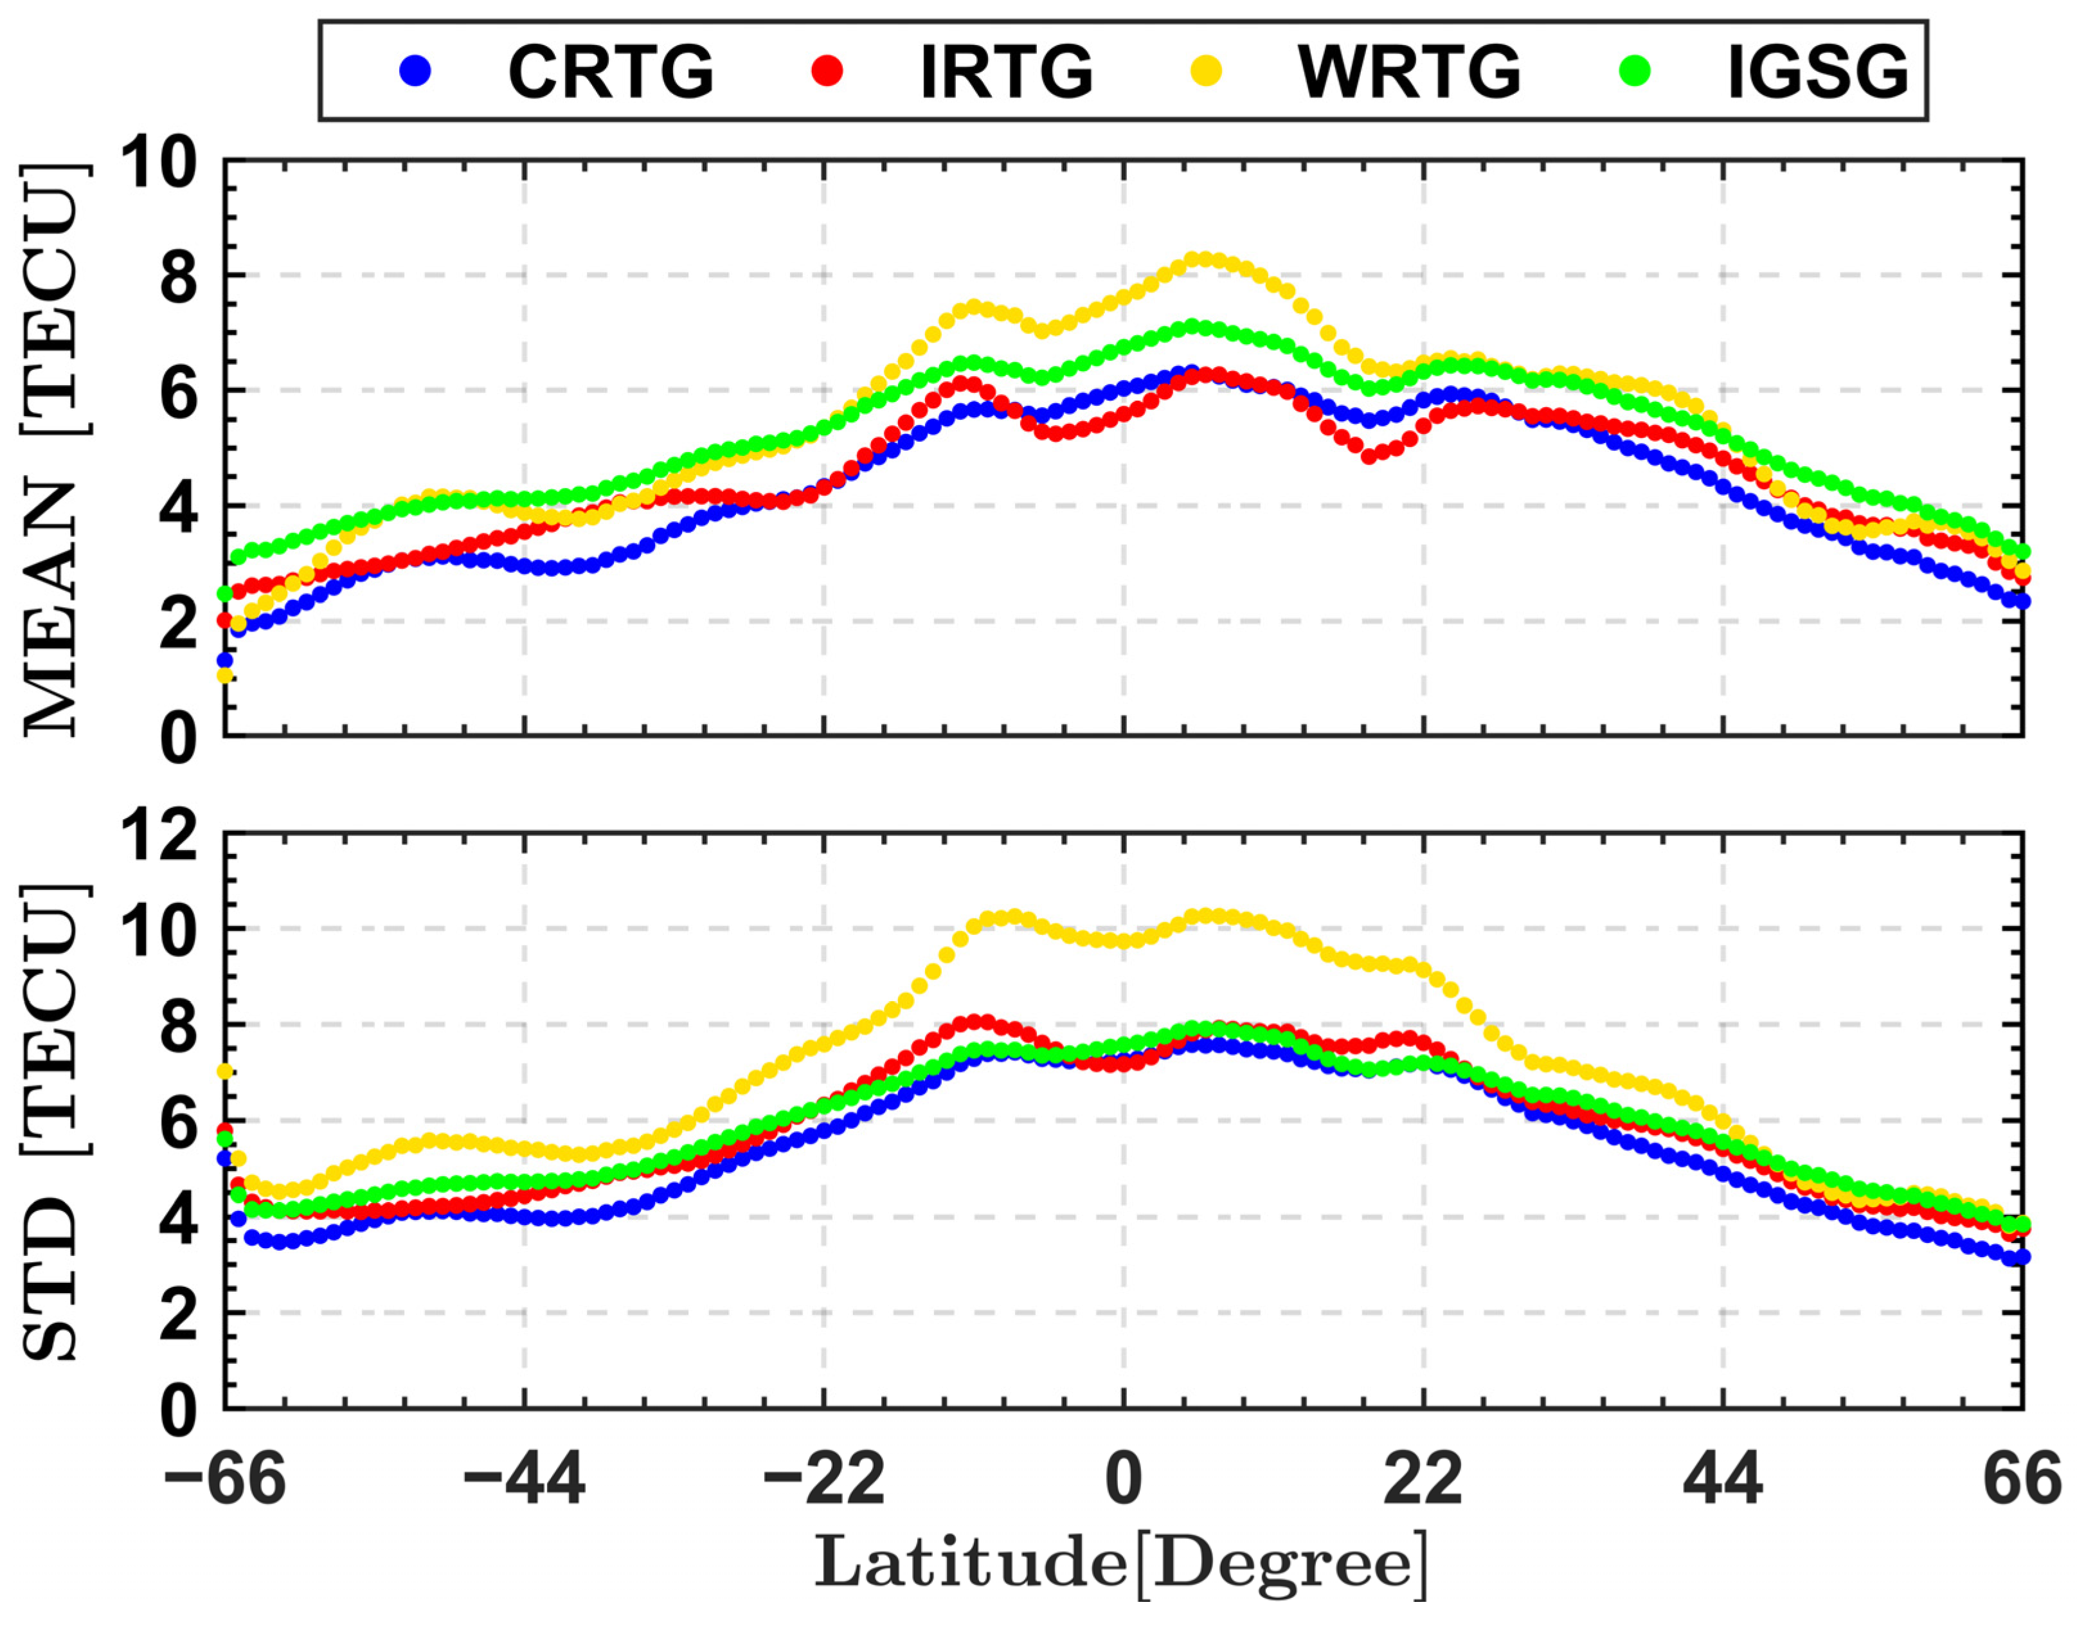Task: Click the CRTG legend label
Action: click(611, 72)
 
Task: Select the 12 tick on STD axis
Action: click(157, 839)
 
